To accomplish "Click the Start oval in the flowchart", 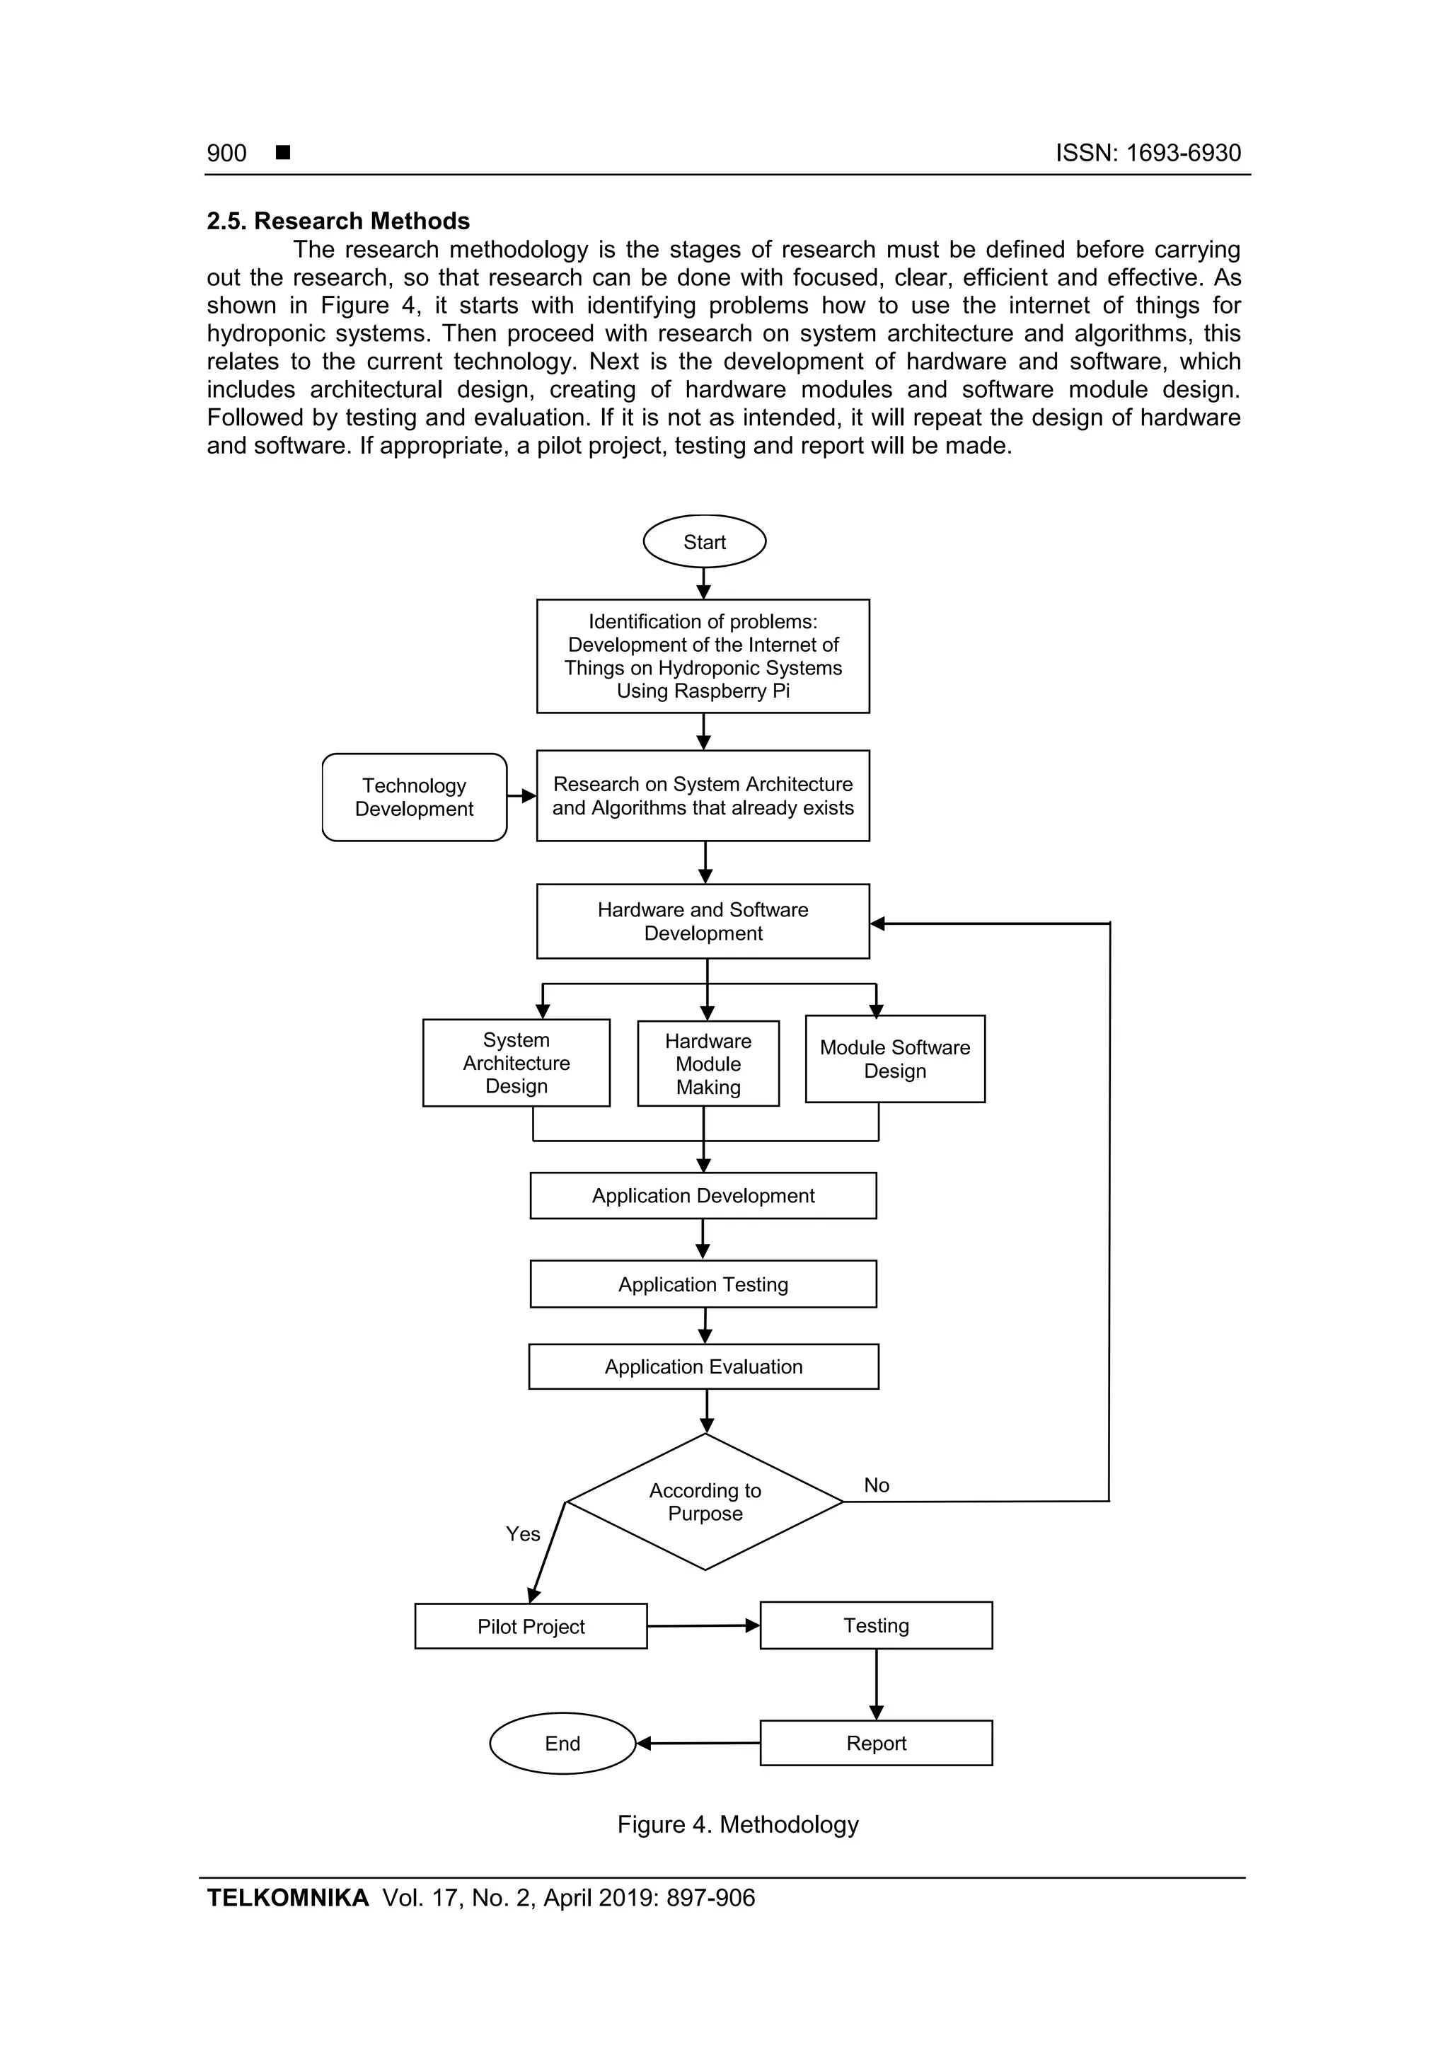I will click(x=705, y=541).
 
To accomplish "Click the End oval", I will click(x=562, y=1743).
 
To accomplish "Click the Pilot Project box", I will click(x=531, y=1626).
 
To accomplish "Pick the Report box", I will click(x=876, y=1743).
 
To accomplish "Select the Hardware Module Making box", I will click(x=708, y=1064).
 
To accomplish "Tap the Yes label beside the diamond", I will click(x=523, y=1534).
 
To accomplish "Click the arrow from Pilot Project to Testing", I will click(x=703, y=1626).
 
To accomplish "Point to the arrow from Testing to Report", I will click(x=876, y=1684).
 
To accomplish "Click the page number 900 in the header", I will click(x=227, y=153).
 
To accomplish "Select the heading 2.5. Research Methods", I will click(x=338, y=221).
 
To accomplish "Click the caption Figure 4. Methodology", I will click(x=737, y=1824).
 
